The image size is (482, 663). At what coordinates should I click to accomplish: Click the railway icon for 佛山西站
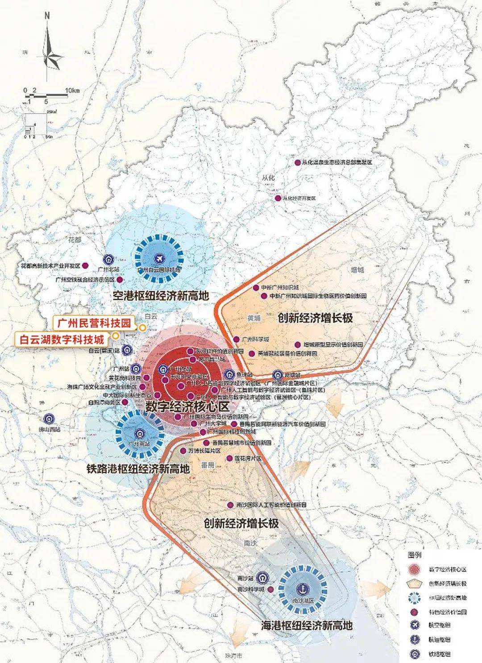click(x=48, y=419)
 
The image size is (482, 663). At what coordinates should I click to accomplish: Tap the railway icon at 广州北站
click(x=108, y=259)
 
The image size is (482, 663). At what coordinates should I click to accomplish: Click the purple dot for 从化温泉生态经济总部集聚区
click(x=298, y=163)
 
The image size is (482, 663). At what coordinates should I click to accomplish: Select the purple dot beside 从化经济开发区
click(x=278, y=198)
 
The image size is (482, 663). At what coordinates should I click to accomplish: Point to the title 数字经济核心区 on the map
click(x=187, y=406)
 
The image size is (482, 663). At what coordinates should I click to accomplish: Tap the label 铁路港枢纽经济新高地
click(x=137, y=468)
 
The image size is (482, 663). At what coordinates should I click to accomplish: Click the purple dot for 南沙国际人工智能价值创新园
click(x=230, y=505)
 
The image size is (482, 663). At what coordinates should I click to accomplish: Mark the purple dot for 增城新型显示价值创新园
click(x=298, y=345)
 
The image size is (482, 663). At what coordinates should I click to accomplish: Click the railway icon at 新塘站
click(x=277, y=375)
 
